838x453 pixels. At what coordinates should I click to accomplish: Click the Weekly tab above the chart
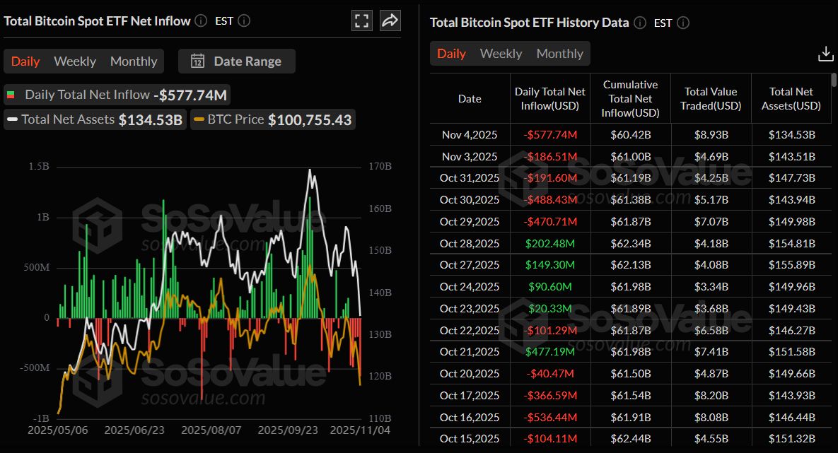click(74, 61)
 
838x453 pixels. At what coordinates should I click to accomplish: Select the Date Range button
click(236, 61)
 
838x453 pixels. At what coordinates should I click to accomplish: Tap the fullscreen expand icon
click(362, 20)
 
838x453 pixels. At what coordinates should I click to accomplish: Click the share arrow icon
click(390, 20)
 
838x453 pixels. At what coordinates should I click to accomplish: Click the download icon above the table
click(825, 54)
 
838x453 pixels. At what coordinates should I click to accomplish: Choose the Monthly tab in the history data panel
click(559, 54)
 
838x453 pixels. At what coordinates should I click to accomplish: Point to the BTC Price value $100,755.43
click(309, 120)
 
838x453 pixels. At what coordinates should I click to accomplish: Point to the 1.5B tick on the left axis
click(39, 167)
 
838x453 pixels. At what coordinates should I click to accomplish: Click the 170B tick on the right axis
click(380, 167)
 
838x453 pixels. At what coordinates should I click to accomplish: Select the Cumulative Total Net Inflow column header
click(630, 99)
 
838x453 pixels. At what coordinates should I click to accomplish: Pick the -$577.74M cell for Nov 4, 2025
click(550, 135)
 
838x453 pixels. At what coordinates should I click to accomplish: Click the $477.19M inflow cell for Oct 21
click(550, 352)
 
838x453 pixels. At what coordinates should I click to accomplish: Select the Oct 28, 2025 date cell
click(470, 243)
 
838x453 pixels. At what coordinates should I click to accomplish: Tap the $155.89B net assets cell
click(791, 265)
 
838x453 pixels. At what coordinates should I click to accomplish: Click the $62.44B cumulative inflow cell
click(630, 439)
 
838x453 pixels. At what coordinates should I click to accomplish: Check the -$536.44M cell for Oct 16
click(550, 417)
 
